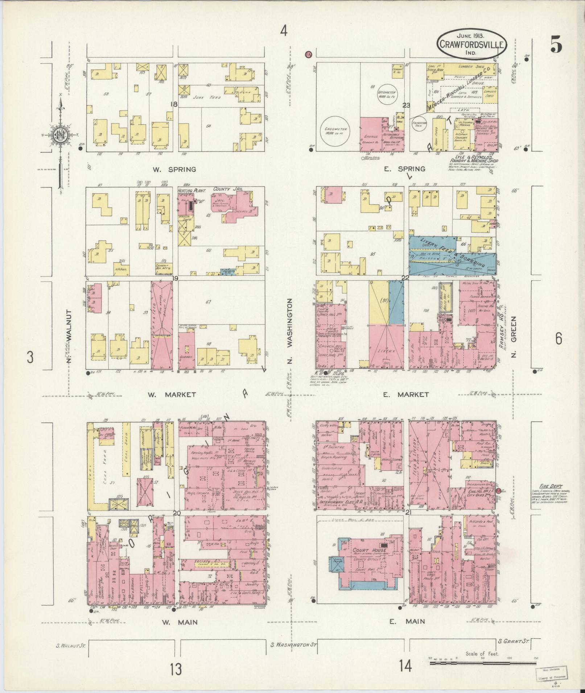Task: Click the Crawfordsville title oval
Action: [x=471, y=44]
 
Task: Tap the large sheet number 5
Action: [x=556, y=46]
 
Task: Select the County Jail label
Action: [x=227, y=189]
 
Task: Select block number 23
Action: [x=406, y=106]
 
